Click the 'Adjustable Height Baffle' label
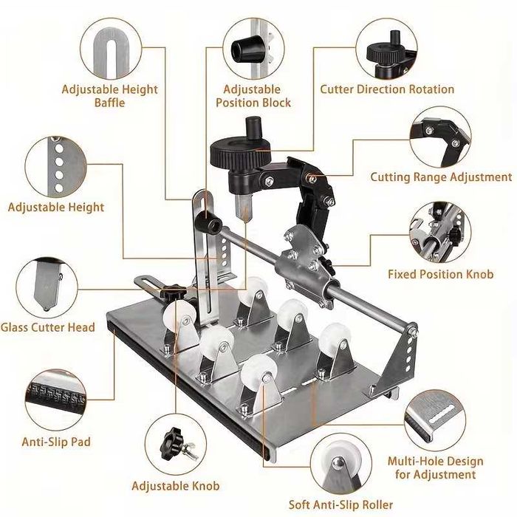pos(110,96)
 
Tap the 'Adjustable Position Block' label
pos(253,96)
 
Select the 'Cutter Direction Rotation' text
pos(387,89)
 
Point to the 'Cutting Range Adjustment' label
pos(441,177)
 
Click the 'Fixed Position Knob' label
pos(440,274)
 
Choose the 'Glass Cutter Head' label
pos(48,327)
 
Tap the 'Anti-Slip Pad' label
pos(56,442)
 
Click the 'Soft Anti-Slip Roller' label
pos(341,504)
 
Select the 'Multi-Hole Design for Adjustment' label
pos(435,468)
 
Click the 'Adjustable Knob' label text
pos(176,486)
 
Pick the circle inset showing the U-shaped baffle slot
pos(111,49)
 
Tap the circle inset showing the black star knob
pos(176,445)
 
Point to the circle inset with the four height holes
pos(55,167)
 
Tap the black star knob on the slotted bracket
pos(173,292)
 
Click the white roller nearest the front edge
pos(258,369)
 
